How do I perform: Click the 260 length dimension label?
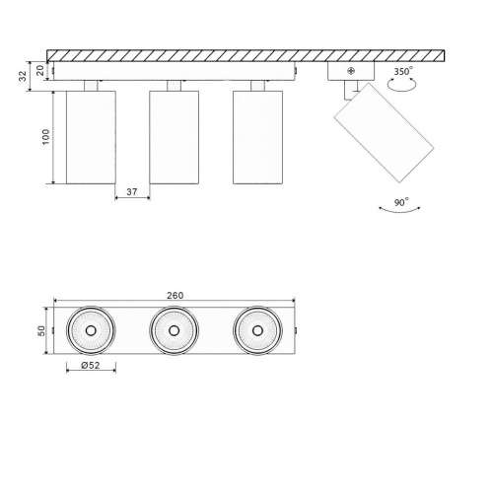point(176,295)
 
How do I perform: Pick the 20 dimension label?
point(41,70)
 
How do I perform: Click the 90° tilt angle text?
point(400,203)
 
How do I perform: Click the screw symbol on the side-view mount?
point(353,71)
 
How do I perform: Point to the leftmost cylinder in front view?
point(91,137)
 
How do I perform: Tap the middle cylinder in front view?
point(175,137)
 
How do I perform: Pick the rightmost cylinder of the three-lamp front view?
point(257,137)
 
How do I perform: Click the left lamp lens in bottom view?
point(91,329)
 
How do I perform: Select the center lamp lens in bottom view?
point(175,329)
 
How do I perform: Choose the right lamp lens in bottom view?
point(257,329)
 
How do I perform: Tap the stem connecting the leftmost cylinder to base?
point(91,86)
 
